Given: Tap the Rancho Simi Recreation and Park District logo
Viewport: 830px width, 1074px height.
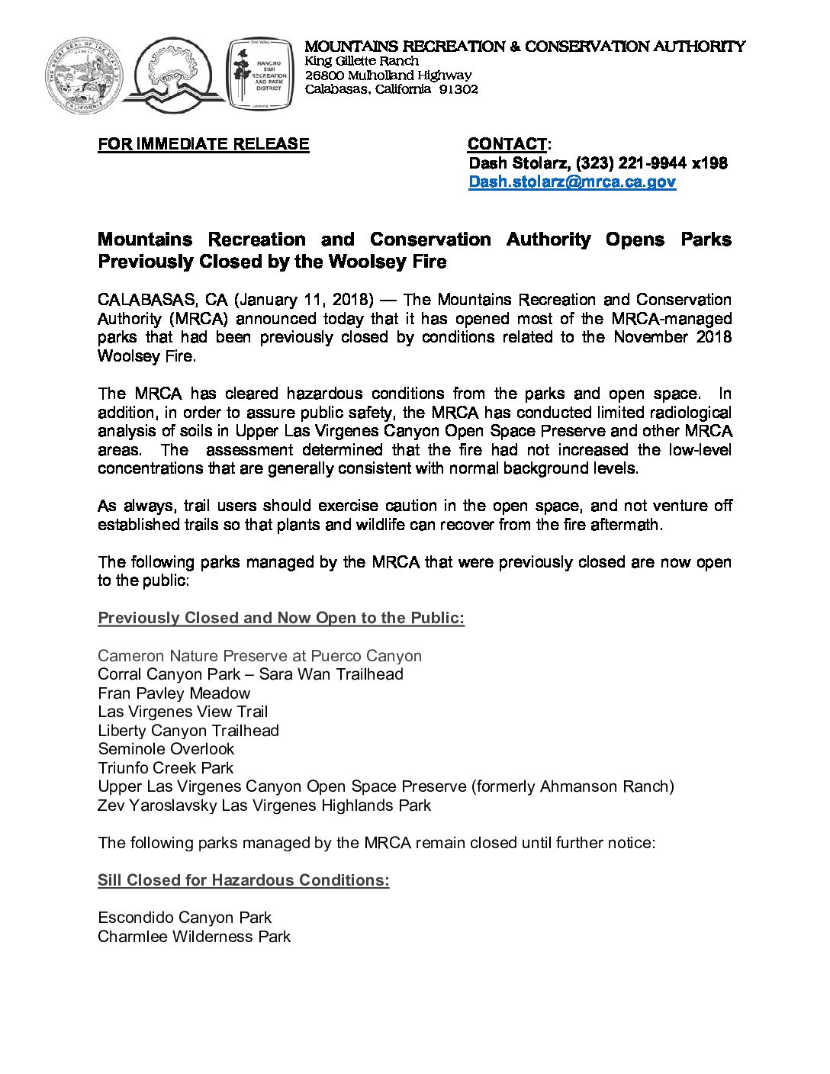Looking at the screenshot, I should (x=260, y=76).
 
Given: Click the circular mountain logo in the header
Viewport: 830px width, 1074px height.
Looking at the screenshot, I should (x=178, y=76).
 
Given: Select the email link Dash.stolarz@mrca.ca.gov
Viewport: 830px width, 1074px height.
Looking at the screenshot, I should (x=572, y=182).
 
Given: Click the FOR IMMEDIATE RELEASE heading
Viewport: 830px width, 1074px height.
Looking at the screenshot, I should (x=204, y=144).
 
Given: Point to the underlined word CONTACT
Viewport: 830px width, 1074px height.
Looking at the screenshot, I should (x=507, y=144).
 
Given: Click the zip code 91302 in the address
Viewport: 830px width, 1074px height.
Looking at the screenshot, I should (x=458, y=89).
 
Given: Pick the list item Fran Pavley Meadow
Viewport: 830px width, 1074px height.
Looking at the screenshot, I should (x=174, y=693).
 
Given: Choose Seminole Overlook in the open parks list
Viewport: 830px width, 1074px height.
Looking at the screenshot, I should (x=166, y=749).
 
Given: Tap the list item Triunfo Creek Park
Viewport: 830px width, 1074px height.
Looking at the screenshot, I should (x=166, y=767).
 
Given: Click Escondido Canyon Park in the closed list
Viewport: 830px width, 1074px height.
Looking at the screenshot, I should (x=185, y=917).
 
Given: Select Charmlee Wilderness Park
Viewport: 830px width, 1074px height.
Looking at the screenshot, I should (x=194, y=936).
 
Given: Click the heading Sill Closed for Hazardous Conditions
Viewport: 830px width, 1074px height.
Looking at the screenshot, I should (x=243, y=880).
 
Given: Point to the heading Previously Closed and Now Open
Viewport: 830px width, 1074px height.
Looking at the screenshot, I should (x=281, y=618).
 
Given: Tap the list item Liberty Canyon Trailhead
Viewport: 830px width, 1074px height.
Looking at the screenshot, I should (x=188, y=730).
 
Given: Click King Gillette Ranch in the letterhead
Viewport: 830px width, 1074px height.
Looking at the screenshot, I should (x=362, y=61).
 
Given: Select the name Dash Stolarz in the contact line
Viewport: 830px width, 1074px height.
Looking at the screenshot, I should (x=518, y=162).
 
